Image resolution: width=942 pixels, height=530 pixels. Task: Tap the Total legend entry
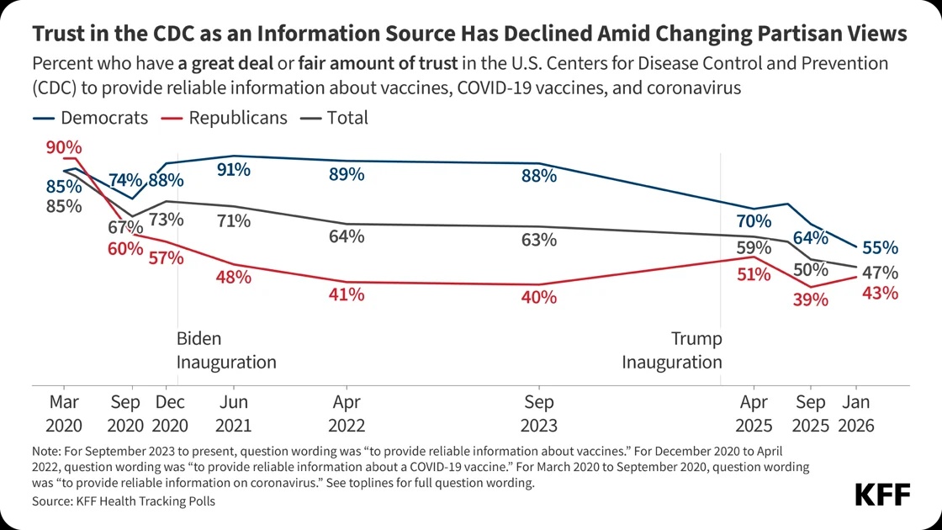click(336, 118)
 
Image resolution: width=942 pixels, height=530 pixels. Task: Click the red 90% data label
click(64, 146)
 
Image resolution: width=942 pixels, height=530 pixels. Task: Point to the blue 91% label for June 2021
click(233, 169)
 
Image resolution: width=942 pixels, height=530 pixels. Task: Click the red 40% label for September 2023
click(538, 296)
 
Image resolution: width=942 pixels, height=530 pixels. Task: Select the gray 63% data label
click(538, 239)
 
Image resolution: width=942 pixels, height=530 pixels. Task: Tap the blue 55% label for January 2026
click(880, 248)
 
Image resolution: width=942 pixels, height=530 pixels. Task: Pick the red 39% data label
click(811, 299)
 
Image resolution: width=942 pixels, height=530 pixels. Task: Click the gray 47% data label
click(880, 273)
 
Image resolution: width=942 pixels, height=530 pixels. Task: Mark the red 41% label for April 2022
click(347, 294)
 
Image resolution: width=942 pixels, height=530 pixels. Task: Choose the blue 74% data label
click(124, 180)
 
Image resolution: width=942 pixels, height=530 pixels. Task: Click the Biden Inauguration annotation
click(225, 351)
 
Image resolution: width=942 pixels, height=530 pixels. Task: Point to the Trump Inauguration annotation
click(672, 351)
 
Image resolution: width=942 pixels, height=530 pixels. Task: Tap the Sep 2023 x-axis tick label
click(538, 413)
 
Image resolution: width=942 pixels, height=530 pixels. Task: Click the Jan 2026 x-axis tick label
click(857, 413)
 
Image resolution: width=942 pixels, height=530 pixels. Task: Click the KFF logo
click(882, 495)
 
